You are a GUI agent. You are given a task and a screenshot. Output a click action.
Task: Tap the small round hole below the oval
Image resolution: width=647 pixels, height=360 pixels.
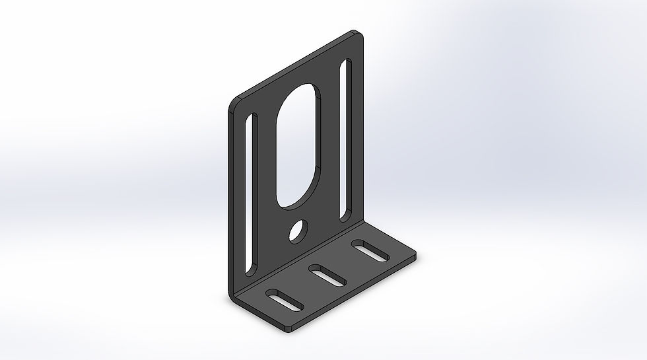298,231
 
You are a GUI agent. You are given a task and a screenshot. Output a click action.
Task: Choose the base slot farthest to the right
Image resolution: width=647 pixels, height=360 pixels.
370,251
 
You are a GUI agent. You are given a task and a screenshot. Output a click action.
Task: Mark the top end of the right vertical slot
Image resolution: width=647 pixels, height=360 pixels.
348,63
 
